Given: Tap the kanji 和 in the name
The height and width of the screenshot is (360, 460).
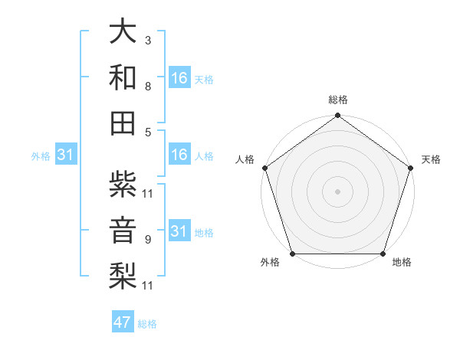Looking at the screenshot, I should pos(123,77).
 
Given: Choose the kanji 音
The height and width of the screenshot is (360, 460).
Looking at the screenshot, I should pos(123,231).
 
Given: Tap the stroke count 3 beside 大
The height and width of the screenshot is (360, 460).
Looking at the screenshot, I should pos(147,40).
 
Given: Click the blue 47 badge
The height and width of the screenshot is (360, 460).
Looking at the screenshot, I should pos(123,322).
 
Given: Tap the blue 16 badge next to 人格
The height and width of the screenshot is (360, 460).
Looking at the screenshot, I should pos(179,155).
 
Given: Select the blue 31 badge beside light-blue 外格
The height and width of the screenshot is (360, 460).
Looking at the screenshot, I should pos(66,155).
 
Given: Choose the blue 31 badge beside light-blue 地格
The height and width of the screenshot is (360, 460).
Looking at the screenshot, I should pos(179,232).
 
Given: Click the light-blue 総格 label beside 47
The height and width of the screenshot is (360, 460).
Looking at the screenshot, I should pos(148,324).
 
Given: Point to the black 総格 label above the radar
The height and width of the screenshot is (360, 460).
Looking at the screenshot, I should pos(337,100).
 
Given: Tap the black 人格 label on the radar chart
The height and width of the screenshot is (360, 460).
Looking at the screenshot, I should pos(245,159).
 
